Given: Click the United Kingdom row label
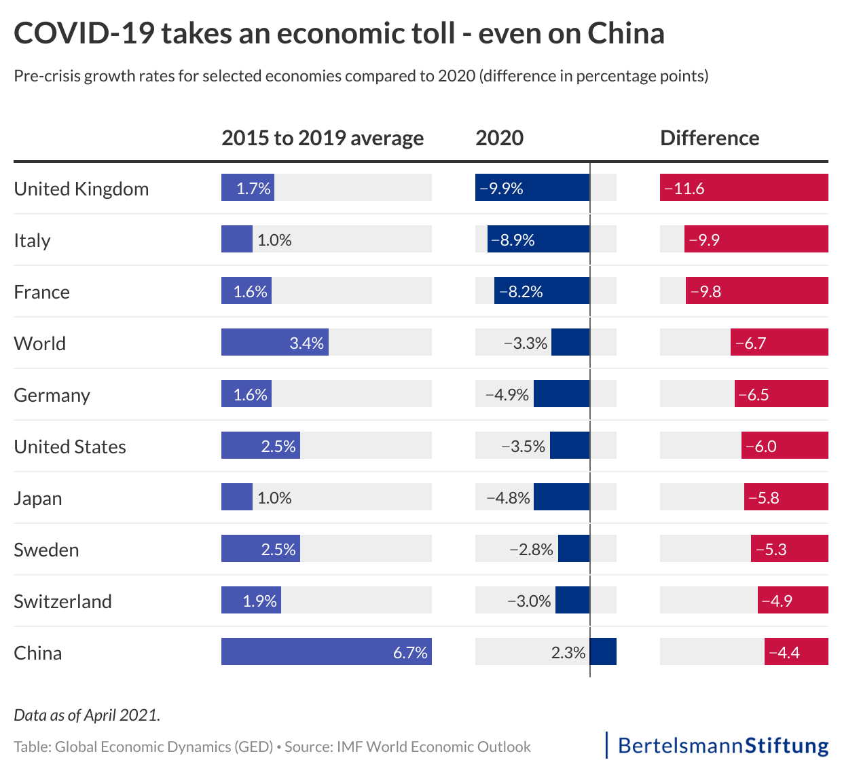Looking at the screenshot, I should pos(81,189).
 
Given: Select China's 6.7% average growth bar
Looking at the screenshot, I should pos(326,651).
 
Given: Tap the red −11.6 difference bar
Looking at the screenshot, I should pos(744,187).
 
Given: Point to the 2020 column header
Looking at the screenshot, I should pos(499,138).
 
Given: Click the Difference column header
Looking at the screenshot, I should pos(710,138).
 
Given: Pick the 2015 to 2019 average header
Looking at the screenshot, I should pos(323,138).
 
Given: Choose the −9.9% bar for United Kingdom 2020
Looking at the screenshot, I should pos(532,187).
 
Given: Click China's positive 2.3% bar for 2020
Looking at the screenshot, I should pos(603,651).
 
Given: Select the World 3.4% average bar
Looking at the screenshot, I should pos(274,342).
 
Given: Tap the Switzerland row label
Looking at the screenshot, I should pos(62,601).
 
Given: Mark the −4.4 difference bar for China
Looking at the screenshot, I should pos(796,651).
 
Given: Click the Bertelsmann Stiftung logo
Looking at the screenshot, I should pos(722,745).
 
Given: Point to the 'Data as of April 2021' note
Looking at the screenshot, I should pos(87,715).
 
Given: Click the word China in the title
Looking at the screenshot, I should pos(625,33).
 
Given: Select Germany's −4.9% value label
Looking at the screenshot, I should pos(507,395).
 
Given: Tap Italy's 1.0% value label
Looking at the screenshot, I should pos(274,240).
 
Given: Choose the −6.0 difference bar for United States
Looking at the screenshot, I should pos(784,445).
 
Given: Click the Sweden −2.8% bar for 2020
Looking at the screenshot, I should pos(574,548).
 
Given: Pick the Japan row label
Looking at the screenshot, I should pos(38,498).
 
